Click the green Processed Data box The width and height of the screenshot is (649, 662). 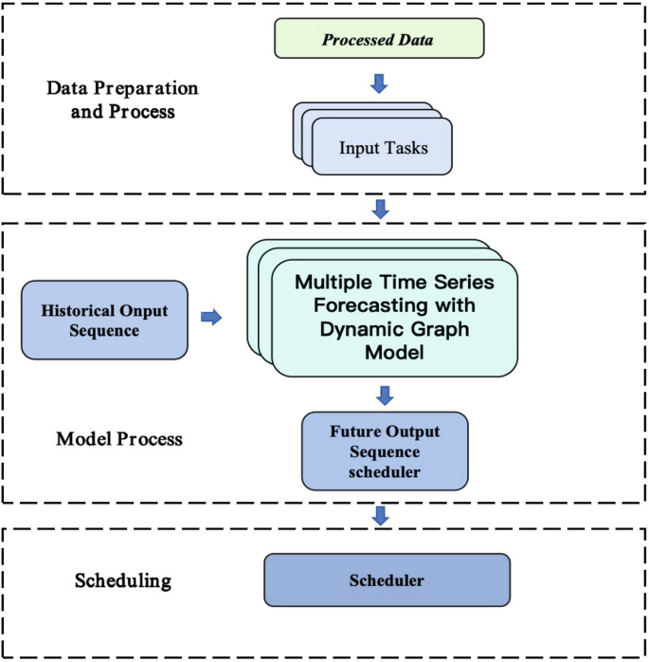pos(379,39)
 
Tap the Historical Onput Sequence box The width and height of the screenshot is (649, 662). pos(104,319)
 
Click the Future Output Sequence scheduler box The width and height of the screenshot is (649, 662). pos(385,452)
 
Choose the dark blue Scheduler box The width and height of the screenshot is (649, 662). pos(387,579)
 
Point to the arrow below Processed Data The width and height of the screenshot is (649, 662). pos(379,83)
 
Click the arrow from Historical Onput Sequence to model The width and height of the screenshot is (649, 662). pos(211,318)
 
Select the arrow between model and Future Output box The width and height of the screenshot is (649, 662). pos(385,395)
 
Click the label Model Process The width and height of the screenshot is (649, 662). pos(119,439)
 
